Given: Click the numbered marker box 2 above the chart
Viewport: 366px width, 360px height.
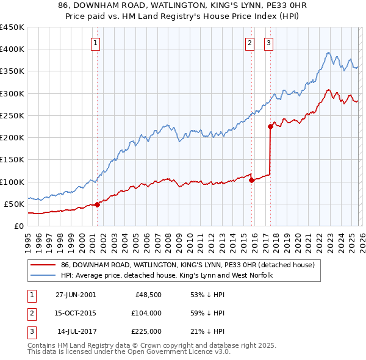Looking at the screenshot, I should pyautogui.click(x=250, y=43).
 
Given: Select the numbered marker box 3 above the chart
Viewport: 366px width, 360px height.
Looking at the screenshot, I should pyautogui.click(x=269, y=43).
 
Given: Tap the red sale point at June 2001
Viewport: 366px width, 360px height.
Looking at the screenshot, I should pyautogui.click(x=98, y=204).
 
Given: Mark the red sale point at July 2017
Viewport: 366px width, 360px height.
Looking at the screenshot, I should pyautogui.click(x=270, y=126).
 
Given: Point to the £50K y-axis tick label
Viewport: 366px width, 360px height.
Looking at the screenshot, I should pyautogui.click(x=13, y=204).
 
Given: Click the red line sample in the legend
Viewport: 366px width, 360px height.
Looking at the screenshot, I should pyautogui.click(x=42, y=265).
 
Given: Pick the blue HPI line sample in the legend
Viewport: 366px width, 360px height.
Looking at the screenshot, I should pyautogui.click(x=42, y=275).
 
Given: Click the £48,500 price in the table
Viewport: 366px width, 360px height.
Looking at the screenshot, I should pyautogui.click(x=147, y=295).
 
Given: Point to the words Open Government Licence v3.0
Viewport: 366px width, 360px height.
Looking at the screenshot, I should pyautogui.click(x=181, y=352).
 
